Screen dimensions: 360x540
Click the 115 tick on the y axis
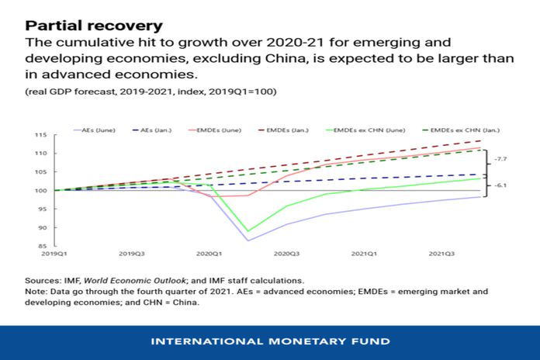(41, 135)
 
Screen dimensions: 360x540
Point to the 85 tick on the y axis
(41, 247)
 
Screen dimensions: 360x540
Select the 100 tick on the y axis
(41, 191)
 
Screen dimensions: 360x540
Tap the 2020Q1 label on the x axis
(209, 254)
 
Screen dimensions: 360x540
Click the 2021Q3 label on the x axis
(442, 254)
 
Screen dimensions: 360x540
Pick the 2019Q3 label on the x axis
(131, 254)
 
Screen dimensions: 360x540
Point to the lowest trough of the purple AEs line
(248, 241)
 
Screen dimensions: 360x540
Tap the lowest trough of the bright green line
(248, 231)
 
